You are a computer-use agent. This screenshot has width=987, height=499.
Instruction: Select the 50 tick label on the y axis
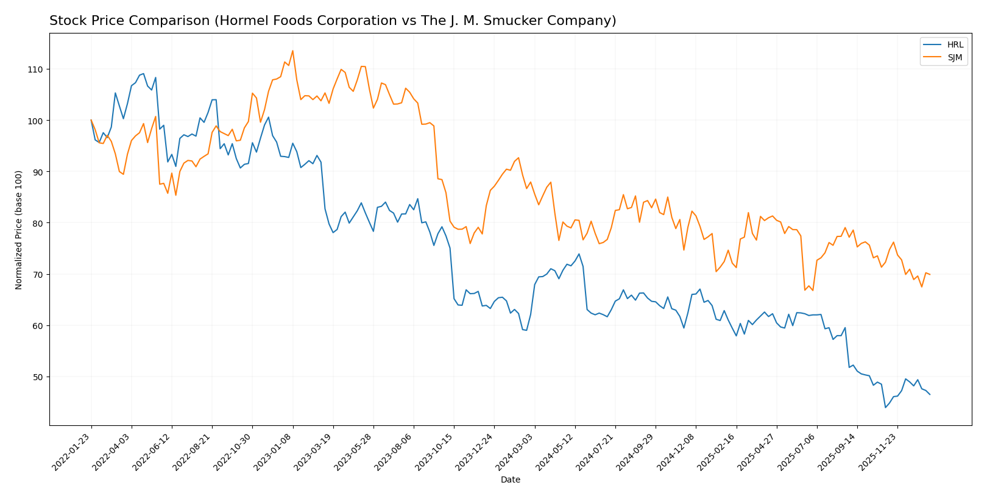[x=37, y=377]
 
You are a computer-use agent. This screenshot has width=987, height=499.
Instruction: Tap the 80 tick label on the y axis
[x=37, y=223]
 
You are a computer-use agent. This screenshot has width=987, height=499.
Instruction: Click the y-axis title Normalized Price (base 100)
[x=19, y=230]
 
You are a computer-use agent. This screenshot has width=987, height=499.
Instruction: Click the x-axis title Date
[x=510, y=480]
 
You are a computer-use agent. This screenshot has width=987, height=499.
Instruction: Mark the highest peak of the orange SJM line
[x=292, y=51]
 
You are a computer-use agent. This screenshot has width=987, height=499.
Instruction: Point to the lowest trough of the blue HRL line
[x=885, y=407]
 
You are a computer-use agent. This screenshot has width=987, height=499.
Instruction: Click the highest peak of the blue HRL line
[x=143, y=74]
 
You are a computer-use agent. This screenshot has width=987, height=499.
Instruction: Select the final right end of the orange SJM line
[x=930, y=274]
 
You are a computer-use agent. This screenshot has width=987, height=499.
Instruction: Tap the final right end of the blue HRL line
[x=930, y=394]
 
